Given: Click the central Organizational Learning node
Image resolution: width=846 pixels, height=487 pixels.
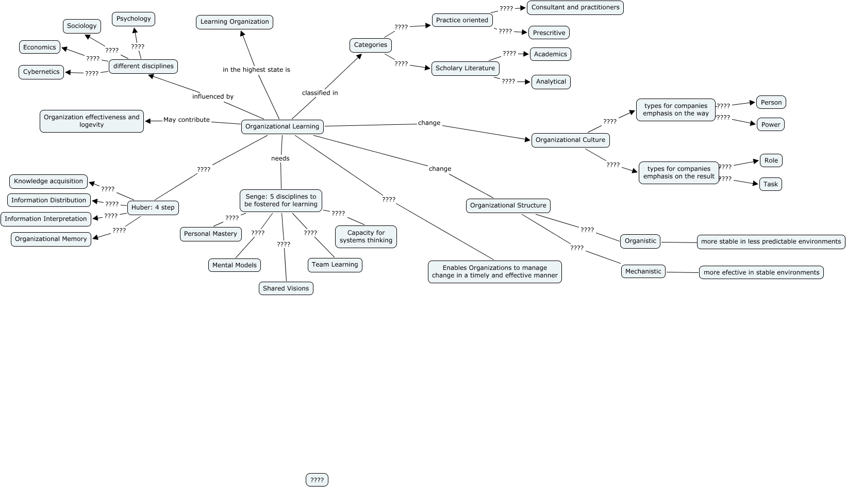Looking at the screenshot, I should coord(282,126).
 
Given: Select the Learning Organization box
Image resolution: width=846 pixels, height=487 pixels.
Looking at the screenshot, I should coord(235,22).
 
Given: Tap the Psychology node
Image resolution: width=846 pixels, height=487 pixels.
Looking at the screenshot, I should coord(134,19).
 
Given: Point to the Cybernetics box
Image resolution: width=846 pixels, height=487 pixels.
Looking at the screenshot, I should coord(41,72).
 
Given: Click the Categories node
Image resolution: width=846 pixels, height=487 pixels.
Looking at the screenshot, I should coord(370,45).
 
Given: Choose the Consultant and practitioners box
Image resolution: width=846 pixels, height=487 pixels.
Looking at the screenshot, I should coord(575,7).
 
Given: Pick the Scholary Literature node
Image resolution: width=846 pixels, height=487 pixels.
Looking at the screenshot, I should coord(465,68).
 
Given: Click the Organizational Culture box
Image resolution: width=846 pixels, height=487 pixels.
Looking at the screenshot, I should coord(570,140).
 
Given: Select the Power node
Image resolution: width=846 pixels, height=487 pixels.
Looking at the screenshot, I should coord(771,124).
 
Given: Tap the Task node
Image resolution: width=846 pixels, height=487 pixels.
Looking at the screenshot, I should coord(770,184).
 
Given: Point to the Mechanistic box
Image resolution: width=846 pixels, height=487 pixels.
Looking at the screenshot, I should coord(643,271).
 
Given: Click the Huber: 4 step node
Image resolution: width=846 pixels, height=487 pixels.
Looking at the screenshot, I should coord(153,207).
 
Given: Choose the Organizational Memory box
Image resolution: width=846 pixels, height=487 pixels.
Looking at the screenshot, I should coord(51,239).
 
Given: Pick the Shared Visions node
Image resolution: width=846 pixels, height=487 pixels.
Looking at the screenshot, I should coord(286,288).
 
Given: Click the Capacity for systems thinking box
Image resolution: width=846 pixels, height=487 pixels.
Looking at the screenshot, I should coord(366,236).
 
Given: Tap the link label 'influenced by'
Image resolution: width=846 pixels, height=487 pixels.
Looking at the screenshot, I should coord(213,96).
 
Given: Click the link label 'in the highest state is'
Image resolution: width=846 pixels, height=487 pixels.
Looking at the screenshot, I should coord(256,70).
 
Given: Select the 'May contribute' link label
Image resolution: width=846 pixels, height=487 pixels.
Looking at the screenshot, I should coord(187,120).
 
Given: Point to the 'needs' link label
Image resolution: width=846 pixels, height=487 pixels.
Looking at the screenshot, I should coord(280,158).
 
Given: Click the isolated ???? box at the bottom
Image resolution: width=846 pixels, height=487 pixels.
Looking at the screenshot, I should coord(317,480).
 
